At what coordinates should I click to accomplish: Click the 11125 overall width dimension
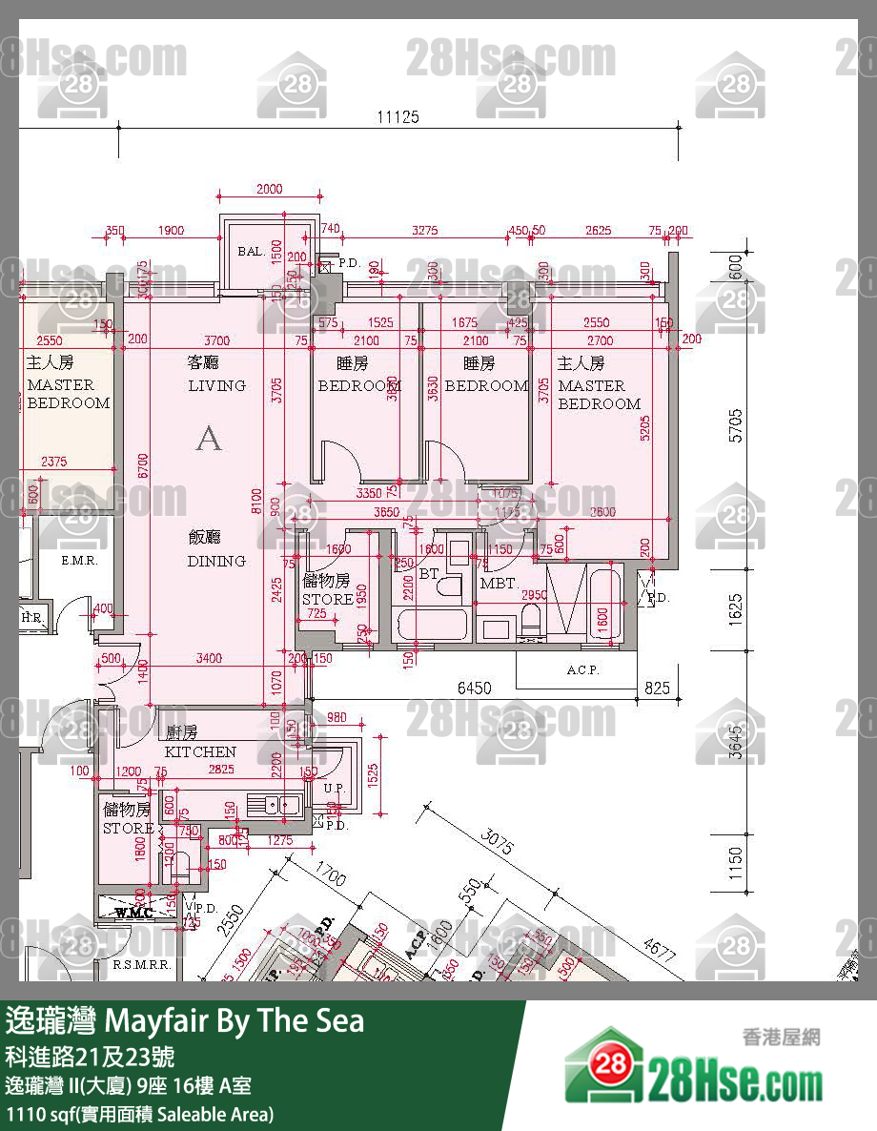click(398, 117)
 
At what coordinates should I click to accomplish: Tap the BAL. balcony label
click(251, 251)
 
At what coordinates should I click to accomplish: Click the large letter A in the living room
click(209, 439)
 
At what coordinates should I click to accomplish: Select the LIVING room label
click(216, 385)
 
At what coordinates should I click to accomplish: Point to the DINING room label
click(216, 561)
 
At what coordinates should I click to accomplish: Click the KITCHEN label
click(200, 751)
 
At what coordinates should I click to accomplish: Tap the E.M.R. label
click(79, 561)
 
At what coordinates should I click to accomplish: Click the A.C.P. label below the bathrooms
click(581, 670)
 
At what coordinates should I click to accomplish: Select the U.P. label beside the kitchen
click(334, 789)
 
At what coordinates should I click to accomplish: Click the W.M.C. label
click(134, 913)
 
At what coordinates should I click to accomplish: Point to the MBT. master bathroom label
click(498, 583)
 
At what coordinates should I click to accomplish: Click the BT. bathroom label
click(428, 574)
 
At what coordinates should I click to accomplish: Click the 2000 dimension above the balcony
click(270, 189)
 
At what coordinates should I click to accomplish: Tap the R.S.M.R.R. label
click(141, 965)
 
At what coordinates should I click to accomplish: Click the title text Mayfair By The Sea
click(233, 1021)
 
